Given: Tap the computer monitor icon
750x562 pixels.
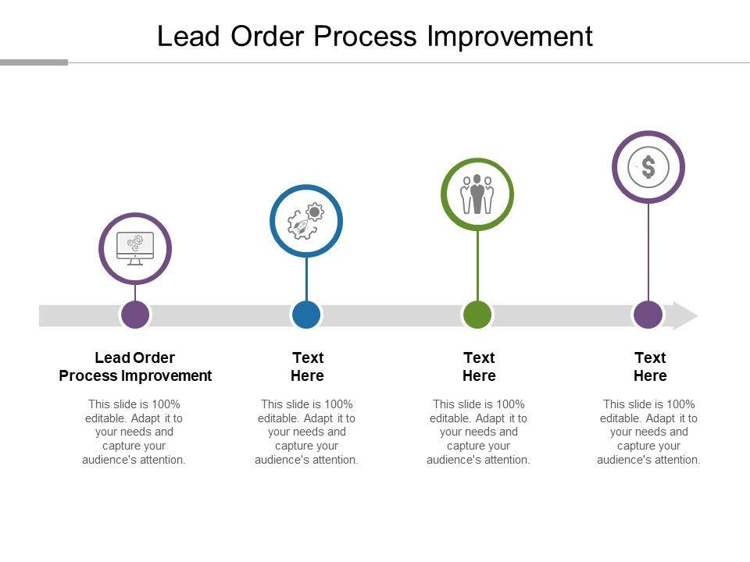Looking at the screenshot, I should pyautogui.click(x=135, y=248).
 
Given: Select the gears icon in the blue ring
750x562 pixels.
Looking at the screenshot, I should pyautogui.click(x=306, y=221).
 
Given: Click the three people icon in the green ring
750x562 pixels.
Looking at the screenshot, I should pyautogui.click(x=477, y=194).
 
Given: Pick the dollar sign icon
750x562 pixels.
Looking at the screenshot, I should pyautogui.click(x=648, y=167).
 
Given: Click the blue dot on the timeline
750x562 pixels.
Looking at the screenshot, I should pyautogui.click(x=306, y=315).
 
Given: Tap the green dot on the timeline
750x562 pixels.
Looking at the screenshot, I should pyautogui.click(x=477, y=315).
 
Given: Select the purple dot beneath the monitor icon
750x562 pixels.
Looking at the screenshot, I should pyautogui.click(x=135, y=315).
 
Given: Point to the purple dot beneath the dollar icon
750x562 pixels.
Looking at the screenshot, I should pyautogui.click(x=648, y=315).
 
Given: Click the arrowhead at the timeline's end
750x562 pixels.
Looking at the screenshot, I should pyautogui.click(x=685, y=315).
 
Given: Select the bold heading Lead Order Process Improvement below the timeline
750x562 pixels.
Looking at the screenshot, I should pyautogui.click(x=135, y=367).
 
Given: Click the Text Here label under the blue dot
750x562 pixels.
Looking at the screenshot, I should pyautogui.click(x=307, y=367).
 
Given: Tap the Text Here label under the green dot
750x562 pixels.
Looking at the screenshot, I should pyautogui.click(x=479, y=367).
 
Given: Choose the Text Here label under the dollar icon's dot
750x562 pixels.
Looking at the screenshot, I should pyautogui.click(x=649, y=367).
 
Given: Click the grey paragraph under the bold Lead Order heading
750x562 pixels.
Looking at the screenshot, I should pyautogui.click(x=134, y=432).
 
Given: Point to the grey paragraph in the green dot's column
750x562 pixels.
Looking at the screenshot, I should pyautogui.click(x=478, y=432).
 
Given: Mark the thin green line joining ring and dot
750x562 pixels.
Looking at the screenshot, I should pyautogui.click(x=477, y=265).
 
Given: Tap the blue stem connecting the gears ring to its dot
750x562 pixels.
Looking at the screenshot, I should pyautogui.click(x=306, y=278).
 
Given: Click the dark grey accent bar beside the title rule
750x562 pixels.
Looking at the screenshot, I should pyautogui.click(x=34, y=62).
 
